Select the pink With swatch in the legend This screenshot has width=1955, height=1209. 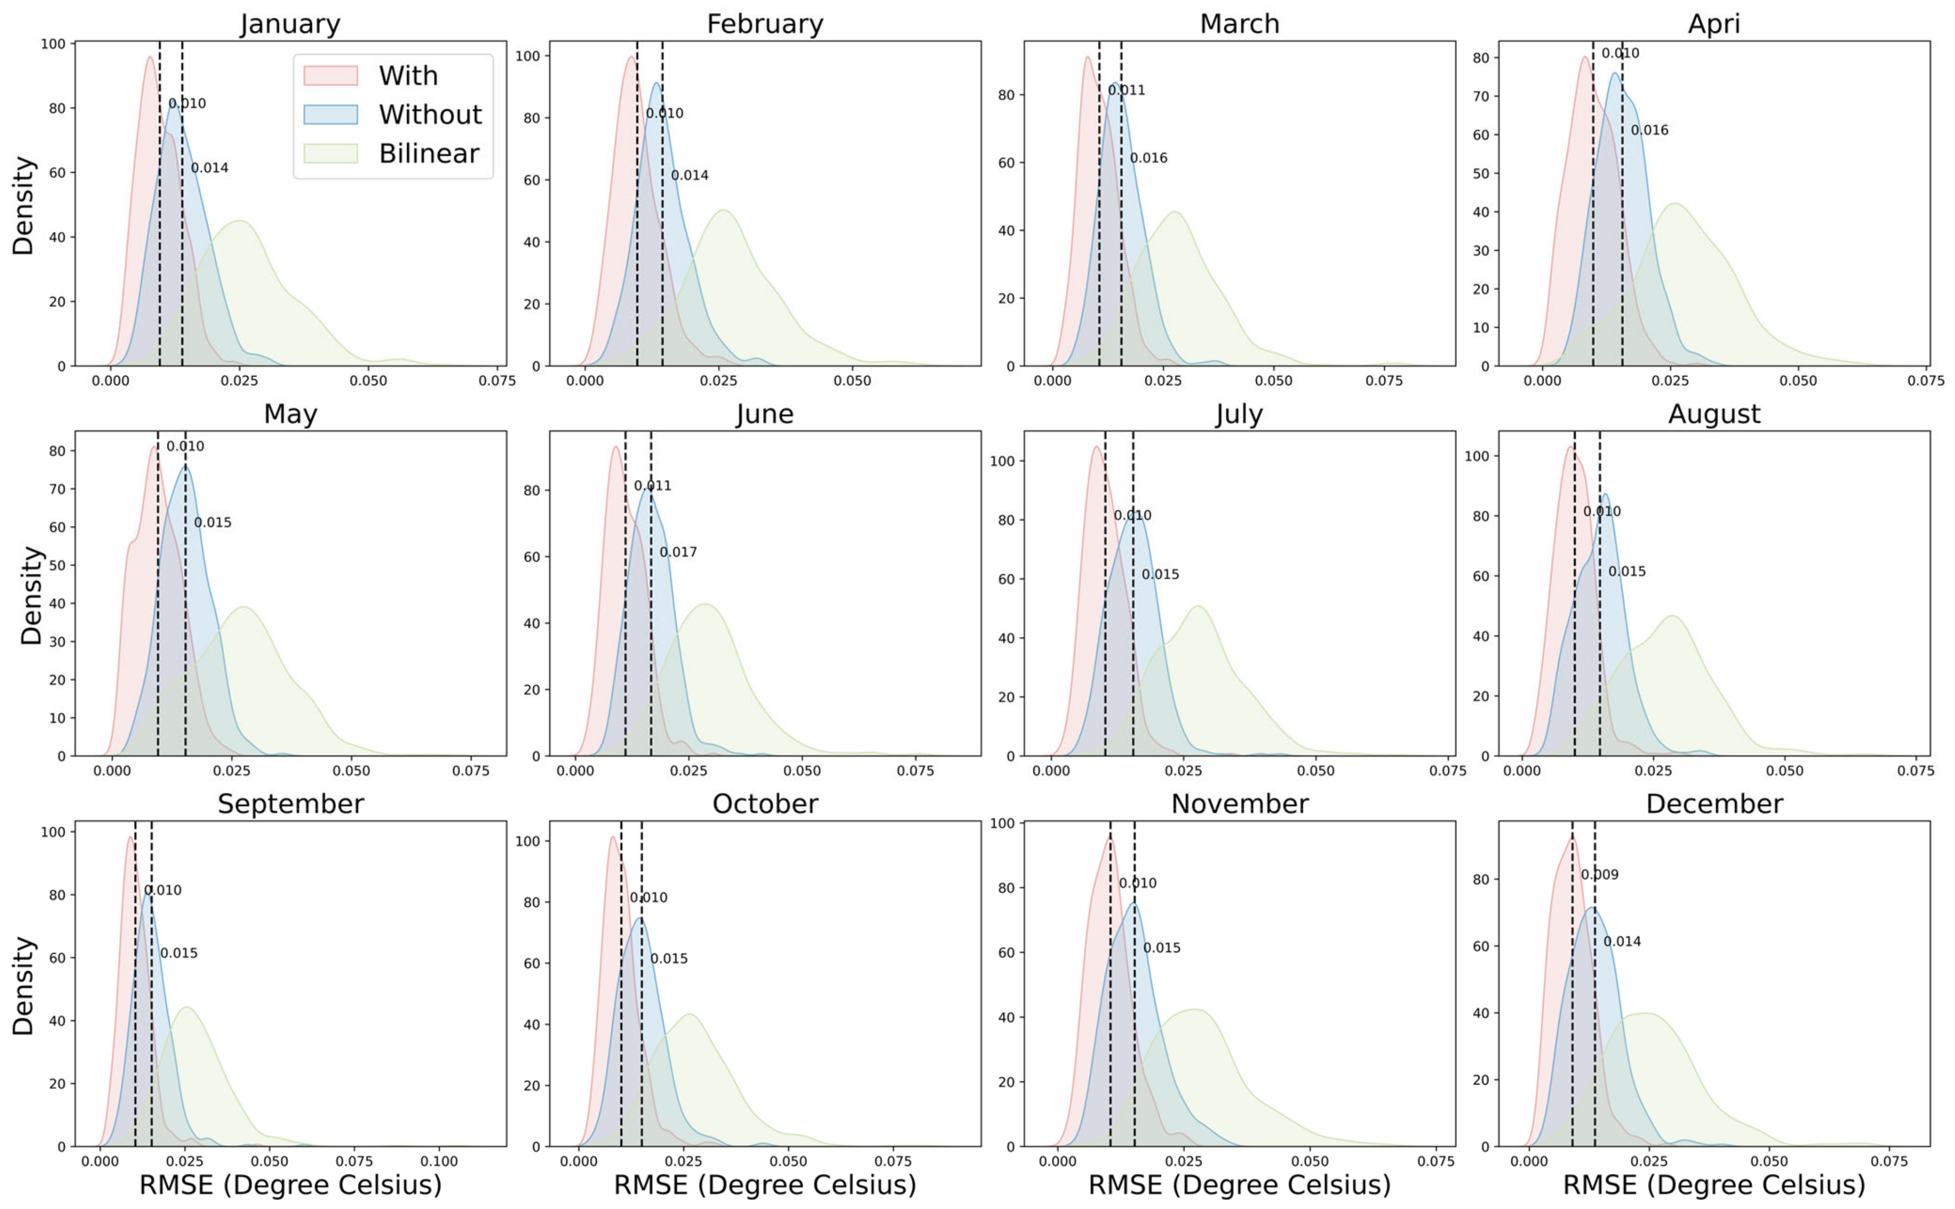click(x=330, y=75)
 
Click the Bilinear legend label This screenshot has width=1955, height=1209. click(x=429, y=153)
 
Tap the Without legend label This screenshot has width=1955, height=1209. click(x=430, y=114)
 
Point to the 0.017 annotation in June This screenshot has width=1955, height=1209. click(x=678, y=552)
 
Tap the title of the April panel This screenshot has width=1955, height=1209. click(x=1714, y=24)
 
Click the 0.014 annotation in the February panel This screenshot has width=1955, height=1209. click(x=689, y=176)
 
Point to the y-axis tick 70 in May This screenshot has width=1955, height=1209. click(x=57, y=490)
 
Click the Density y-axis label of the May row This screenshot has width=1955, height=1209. click(x=30, y=596)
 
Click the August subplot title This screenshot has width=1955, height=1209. click(x=1714, y=414)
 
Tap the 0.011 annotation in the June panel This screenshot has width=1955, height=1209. click(x=653, y=486)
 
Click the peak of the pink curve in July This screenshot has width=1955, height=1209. click(x=1095, y=447)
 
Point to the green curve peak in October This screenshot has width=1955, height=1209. click(x=689, y=1015)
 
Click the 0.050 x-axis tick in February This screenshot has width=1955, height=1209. click(x=853, y=381)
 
